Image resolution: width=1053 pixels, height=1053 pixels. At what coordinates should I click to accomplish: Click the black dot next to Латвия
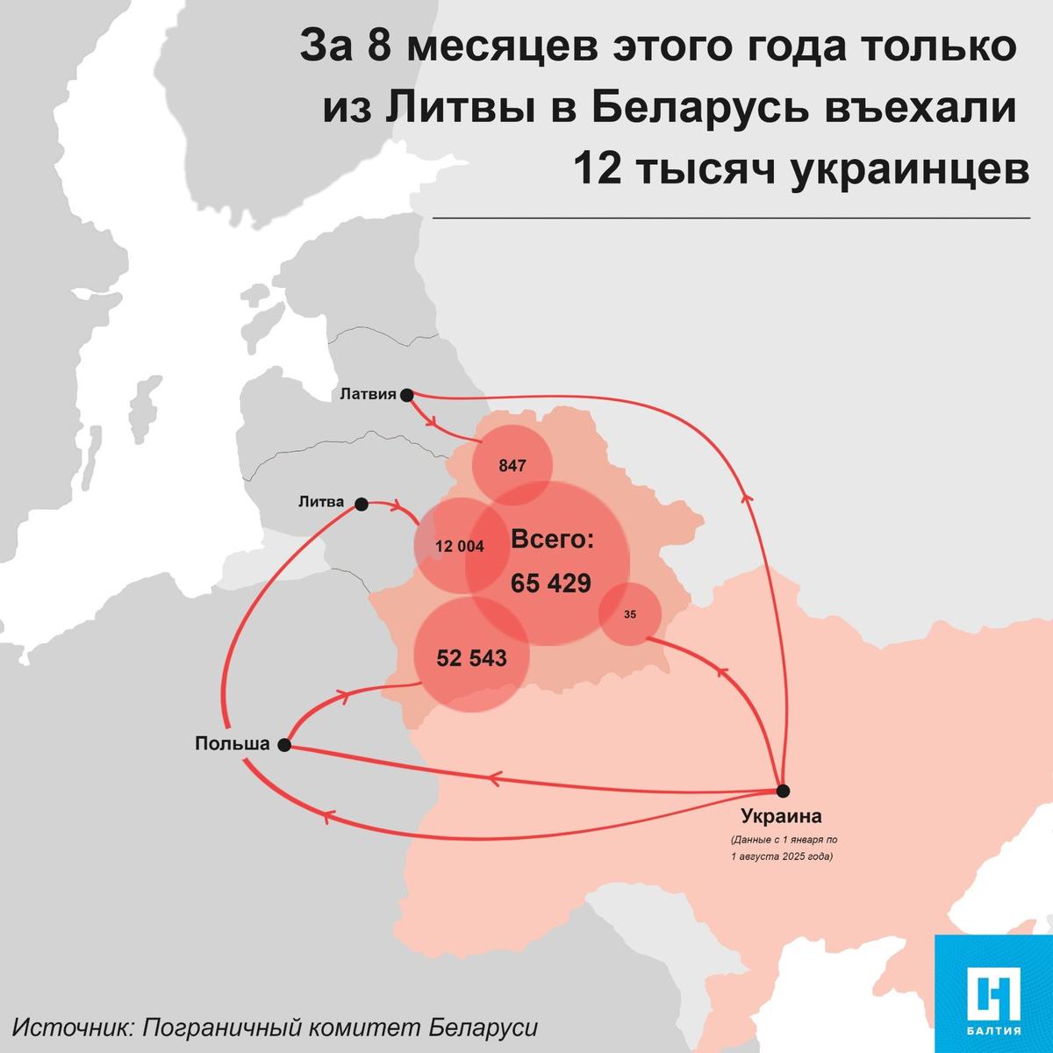point(406,396)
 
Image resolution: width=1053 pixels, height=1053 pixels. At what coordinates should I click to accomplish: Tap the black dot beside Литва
point(361,504)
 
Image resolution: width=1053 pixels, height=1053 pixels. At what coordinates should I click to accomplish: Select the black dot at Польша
point(284,745)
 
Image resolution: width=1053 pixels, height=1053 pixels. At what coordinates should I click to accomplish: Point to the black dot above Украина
point(783,790)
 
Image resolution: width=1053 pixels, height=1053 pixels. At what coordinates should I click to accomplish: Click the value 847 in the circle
point(512,466)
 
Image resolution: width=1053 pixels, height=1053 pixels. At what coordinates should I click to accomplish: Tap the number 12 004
point(459,546)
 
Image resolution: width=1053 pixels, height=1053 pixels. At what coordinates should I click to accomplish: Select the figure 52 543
point(471,657)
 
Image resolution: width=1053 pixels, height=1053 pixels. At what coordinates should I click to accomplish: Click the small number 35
point(630,614)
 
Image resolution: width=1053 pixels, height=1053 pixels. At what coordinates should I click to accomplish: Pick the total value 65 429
point(551,583)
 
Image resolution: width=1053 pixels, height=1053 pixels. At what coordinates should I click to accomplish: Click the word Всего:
point(552,539)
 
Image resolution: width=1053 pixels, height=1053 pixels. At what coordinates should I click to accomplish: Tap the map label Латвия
point(368,395)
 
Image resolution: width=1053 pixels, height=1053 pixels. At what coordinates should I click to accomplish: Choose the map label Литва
point(322,503)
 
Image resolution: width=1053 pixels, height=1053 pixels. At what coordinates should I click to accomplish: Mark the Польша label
point(232,744)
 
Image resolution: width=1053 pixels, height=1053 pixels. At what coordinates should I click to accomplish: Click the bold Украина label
point(781,817)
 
